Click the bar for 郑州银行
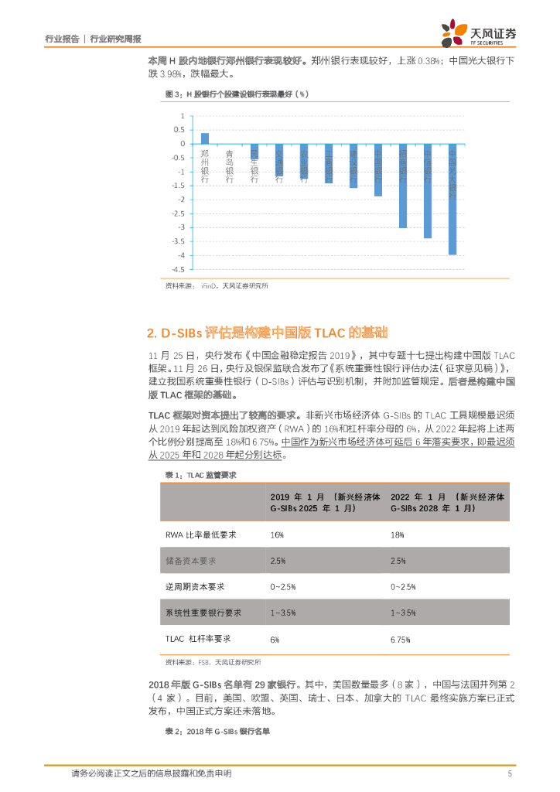point(205,138)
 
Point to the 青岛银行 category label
point(230,166)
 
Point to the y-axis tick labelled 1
point(183,116)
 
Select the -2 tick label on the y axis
point(180,200)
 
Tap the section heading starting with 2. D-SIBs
point(266,333)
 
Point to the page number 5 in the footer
point(510,773)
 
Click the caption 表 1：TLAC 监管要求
point(200,474)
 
